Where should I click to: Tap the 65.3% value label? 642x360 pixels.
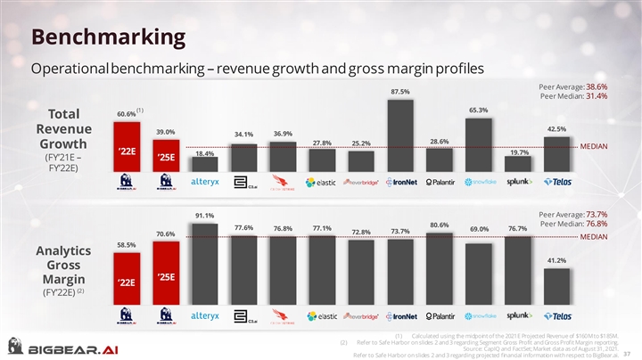(478, 110)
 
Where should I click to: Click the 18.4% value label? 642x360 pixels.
(204, 153)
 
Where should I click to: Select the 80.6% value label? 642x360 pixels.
(440, 225)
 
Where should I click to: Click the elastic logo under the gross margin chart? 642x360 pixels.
(321, 315)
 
